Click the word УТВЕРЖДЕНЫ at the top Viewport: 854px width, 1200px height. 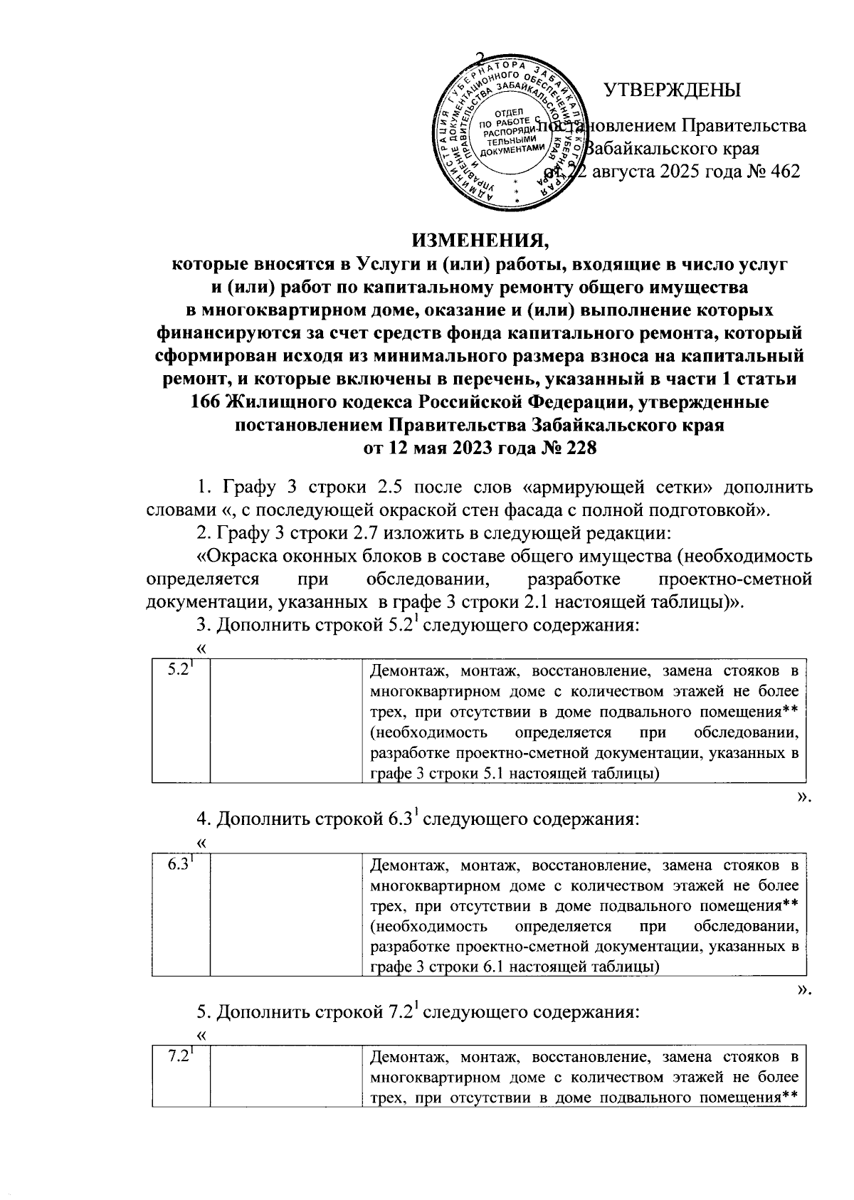pos(672,90)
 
